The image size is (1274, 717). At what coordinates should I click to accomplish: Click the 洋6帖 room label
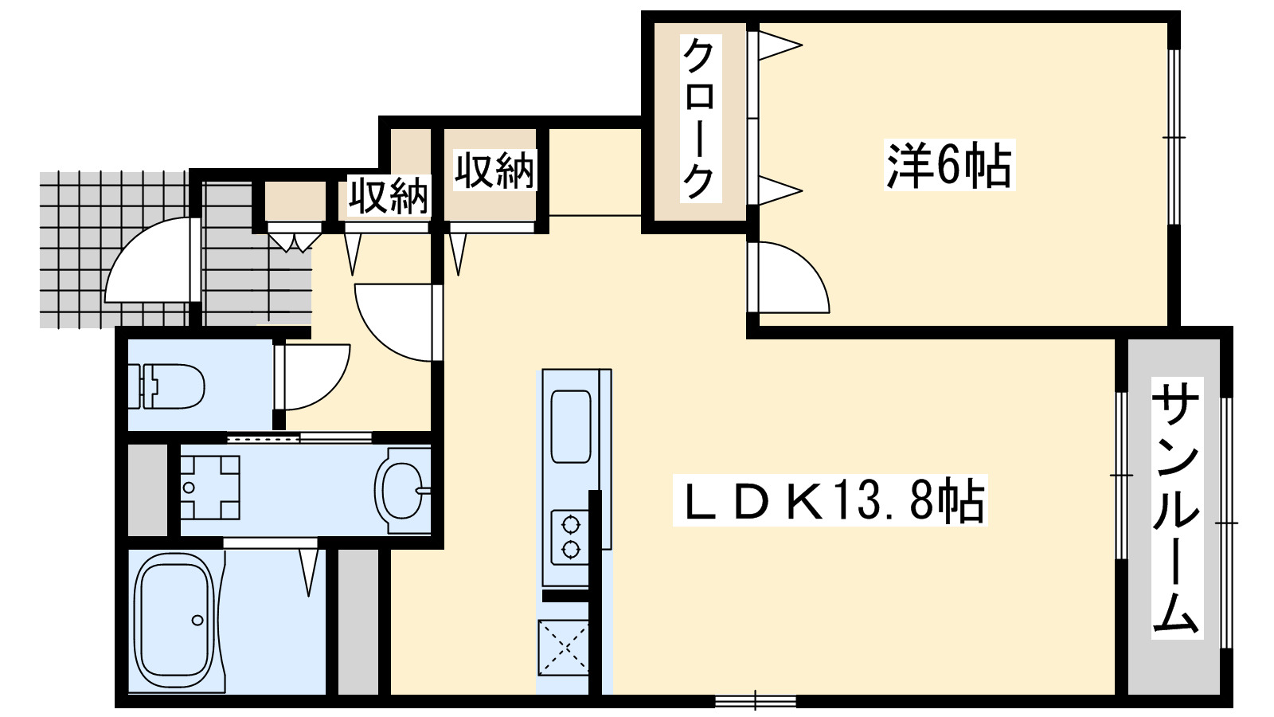(949, 166)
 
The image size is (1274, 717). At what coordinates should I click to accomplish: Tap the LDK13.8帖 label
(829, 501)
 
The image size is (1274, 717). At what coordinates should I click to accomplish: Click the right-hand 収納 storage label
(494, 170)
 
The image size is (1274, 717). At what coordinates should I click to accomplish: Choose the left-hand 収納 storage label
(388, 195)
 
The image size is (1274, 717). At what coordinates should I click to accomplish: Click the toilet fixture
(171, 386)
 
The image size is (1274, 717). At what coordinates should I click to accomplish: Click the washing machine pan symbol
(209, 487)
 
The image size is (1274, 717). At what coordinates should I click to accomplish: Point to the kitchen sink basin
(571, 426)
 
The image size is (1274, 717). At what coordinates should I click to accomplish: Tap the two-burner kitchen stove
(570, 537)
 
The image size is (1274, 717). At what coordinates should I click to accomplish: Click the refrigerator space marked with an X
(564, 647)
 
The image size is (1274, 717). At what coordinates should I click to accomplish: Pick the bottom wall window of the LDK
(755, 701)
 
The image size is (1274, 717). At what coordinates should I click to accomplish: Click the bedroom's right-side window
(1173, 137)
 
